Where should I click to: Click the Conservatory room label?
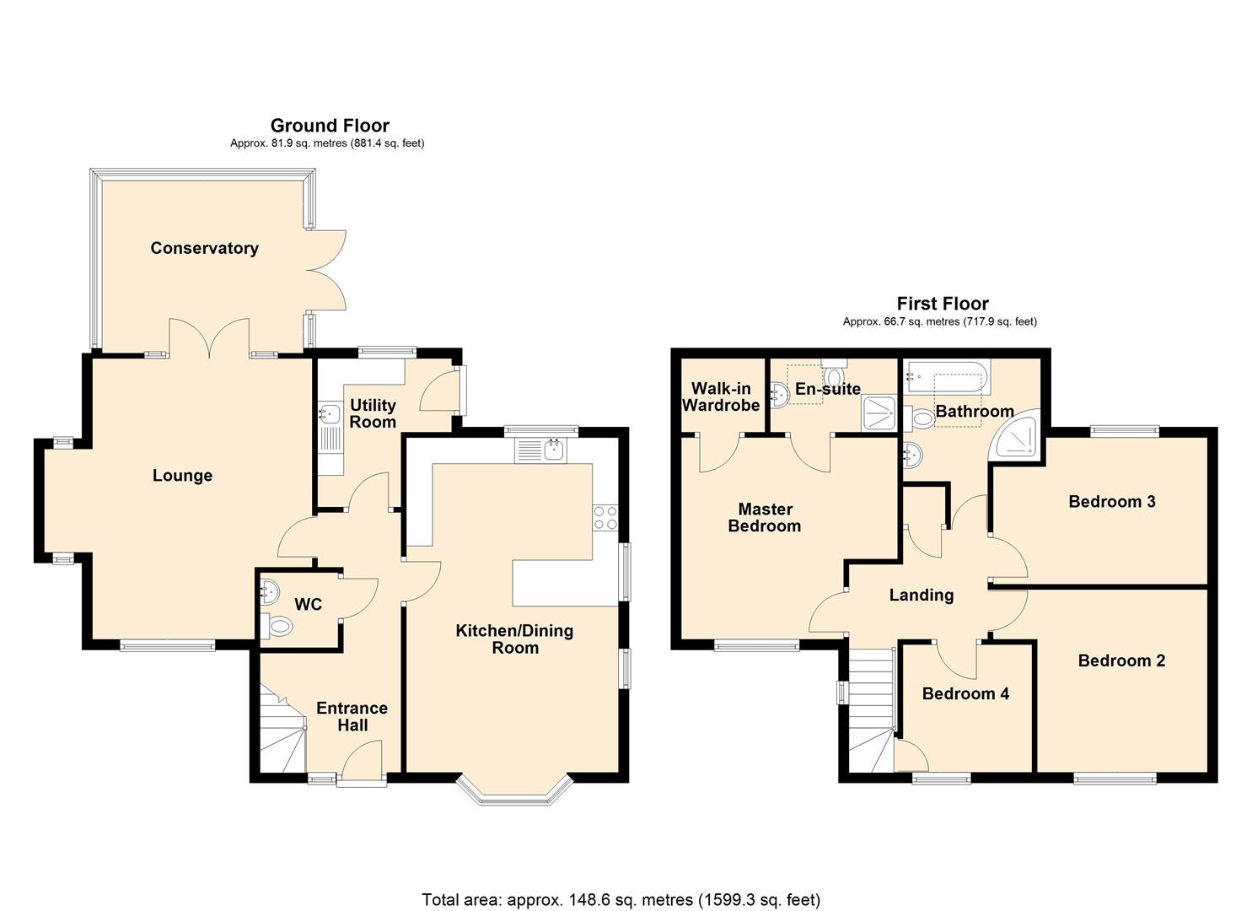204,248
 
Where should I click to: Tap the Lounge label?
182,476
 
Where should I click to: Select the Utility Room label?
373,413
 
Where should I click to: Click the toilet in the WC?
278,627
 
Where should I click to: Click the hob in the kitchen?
605,517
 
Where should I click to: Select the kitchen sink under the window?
541,450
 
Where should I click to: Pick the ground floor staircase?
281,734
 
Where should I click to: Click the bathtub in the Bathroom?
945,376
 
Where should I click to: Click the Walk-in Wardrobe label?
721,396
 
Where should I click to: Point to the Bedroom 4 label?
965,694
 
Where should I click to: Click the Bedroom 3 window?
1124,432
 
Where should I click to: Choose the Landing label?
922,596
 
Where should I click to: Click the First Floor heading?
943,304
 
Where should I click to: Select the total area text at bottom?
621,900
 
